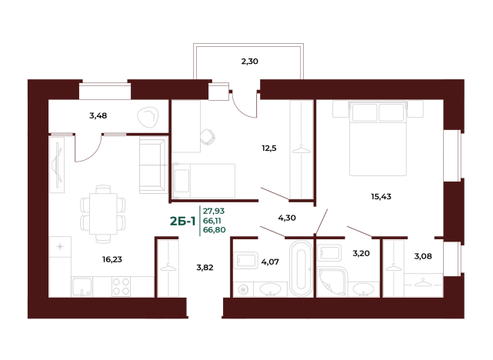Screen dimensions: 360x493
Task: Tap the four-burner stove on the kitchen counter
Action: point(122,286)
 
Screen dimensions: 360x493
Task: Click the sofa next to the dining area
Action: point(151,165)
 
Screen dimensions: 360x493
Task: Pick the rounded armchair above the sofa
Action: point(147,118)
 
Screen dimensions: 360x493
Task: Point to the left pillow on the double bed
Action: point(365,113)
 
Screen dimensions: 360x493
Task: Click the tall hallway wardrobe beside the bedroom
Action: point(301,150)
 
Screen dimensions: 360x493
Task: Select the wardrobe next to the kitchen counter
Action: point(169,268)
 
